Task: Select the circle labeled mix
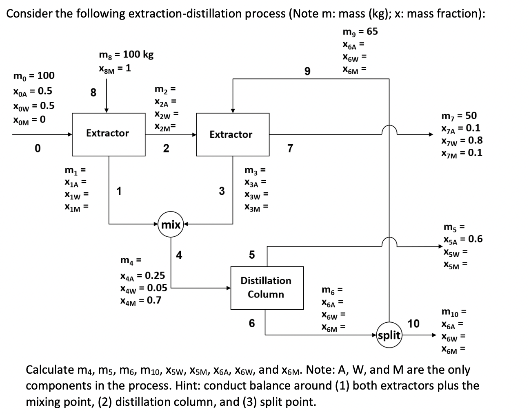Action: click(x=171, y=224)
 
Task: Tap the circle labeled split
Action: click(x=389, y=335)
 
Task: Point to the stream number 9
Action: click(x=307, y=72)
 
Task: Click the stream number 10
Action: click(x=413, y=324)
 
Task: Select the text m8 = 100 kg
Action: click(x=127, y=55)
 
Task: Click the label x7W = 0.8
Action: click(x=462, y=141)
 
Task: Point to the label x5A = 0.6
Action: click(x=462, y=239)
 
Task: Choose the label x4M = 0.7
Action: click(x=140, y=301)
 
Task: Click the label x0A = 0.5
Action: click(x=33, y=90)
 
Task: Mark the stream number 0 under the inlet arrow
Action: click(x=37, y=149)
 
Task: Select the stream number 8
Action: click(x=93, y=93)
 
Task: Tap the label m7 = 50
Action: click(x=459, y=116)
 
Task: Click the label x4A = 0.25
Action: click(x=142, y=275)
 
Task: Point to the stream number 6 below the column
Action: click(x=251, y=323)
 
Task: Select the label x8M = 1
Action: click(x=115, y=68)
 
